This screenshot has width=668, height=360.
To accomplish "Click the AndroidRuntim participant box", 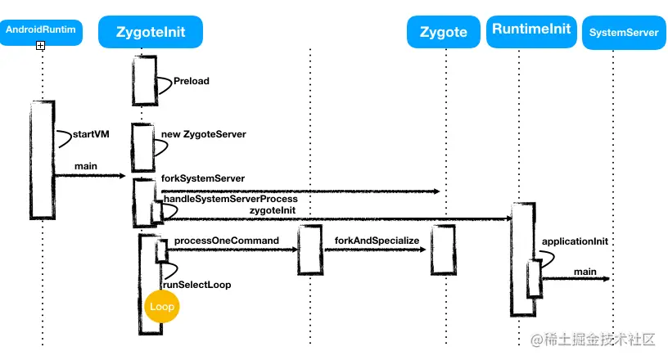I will click(x=41, y=30).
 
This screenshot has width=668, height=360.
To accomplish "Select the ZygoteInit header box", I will click(x=151, y=33).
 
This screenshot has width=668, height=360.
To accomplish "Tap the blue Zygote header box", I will click(x=443, y=33).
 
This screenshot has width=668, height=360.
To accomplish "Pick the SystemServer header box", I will click(x=624, y=33).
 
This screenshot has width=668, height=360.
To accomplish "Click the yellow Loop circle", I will click(x=161, y=307).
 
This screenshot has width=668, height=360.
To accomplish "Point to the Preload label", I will click(x=192, y=82).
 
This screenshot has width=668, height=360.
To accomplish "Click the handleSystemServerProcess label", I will click(x=230, y=199).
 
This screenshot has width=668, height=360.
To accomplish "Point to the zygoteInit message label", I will click(x=272, y=210).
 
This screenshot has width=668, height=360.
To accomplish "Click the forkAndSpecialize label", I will click(x=377, y=241).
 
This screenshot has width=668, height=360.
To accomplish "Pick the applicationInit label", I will click(x=575, y=241).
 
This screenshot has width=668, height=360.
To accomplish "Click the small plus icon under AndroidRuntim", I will click(x=40, y=46).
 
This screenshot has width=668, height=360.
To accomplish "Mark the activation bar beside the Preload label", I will click(x=145, y=81).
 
